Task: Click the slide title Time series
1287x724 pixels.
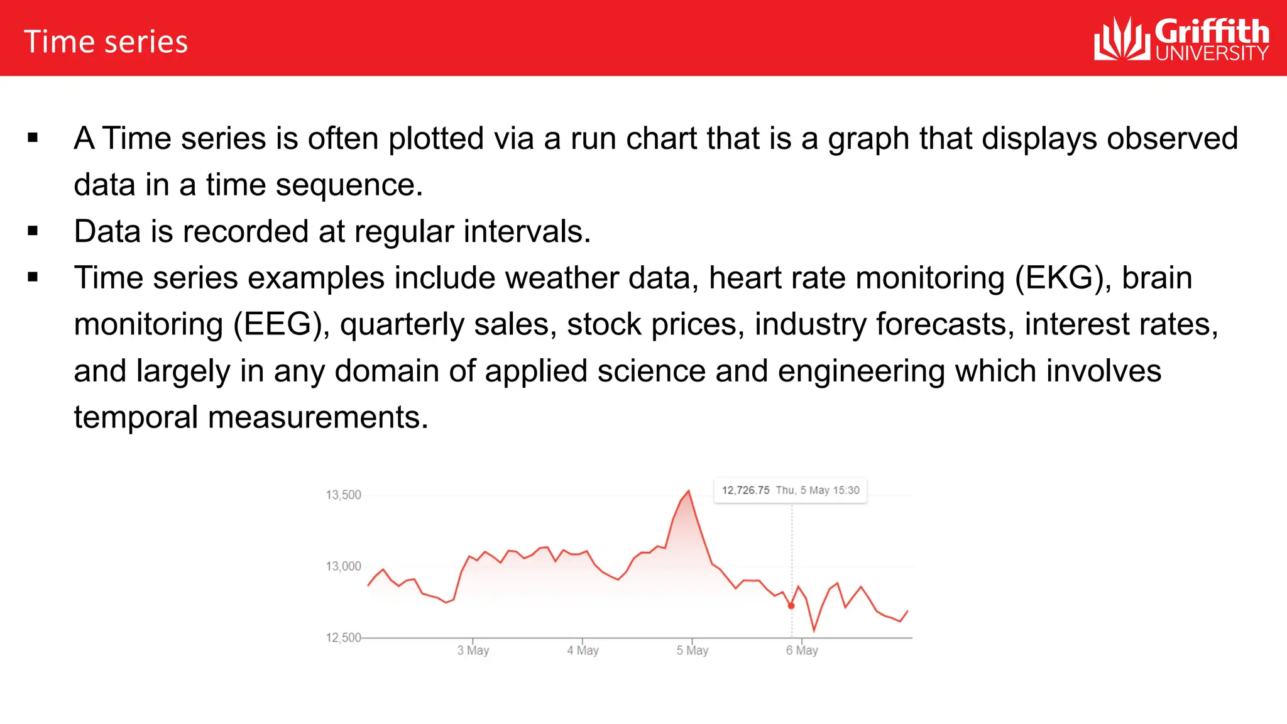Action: click(106, 42)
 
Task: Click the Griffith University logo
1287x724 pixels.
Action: click(1181, 39)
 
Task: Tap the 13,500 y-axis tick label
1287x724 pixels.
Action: click(343, 495)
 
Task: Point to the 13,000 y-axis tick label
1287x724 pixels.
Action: click(343, 566)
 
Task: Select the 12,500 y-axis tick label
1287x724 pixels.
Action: click(343, 638)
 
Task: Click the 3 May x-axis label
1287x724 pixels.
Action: click(473, 650)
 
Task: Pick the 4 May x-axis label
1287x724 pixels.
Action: click(583, 650)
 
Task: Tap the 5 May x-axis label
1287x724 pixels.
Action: click(692, 650)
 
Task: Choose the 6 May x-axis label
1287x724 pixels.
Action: click(801, 650)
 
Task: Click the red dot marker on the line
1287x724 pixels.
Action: click(791, 606)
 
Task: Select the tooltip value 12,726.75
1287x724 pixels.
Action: click(745, 490)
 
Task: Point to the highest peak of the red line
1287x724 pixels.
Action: click(689, 491)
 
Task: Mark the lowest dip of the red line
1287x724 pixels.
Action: click(814, 630)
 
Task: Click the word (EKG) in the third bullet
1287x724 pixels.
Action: click(1063, 278)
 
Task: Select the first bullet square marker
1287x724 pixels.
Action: click(33, 138)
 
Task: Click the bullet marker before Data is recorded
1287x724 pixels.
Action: click(33, 231)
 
